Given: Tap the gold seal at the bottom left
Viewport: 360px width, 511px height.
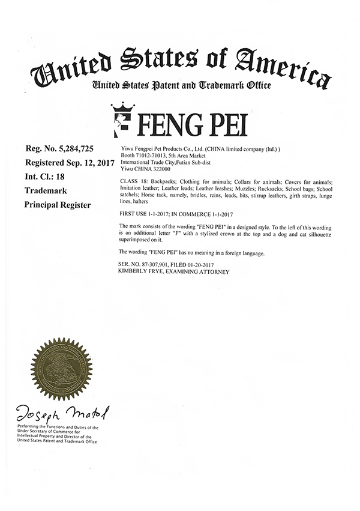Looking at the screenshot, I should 62,367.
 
